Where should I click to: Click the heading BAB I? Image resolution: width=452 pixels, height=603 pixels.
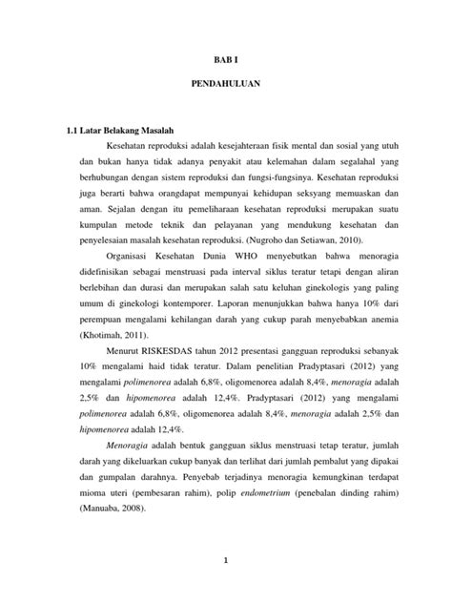[225, 57]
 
